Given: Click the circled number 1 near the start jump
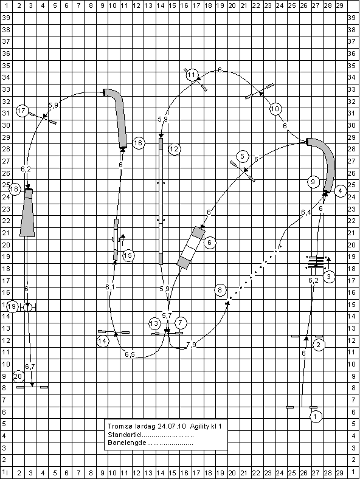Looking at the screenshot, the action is pyautogui.click(x=316, y=416).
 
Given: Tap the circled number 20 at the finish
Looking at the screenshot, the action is pyautogui.click(x=18, y=376).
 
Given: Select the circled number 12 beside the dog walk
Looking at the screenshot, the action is pyautogui.click(x=174, y=149).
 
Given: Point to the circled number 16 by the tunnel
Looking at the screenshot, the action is pyautogui.click(x=139, y=143).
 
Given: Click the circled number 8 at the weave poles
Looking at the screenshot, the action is pyautogui.click(x=220, y=290).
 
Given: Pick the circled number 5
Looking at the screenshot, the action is pyautogui.click(x=243, y=156).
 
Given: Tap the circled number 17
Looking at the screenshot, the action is pyautogui.click(x=22, y=111).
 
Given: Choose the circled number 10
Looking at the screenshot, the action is pyautogui.click(x=275, y=109).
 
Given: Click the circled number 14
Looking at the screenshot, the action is pyautogui.click(x=103, y=341).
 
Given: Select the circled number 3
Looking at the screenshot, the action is pyautogui.click(x=329, y=277).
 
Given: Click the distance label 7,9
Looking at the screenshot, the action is pyautogui.click(x=192, y=345).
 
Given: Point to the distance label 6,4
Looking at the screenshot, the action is pyautogui.click(x=306, y=212).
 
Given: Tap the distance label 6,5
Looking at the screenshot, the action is pyautogui.click(x=130, y=354).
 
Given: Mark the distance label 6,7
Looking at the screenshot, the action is pyautogui.click(x=30, y=367).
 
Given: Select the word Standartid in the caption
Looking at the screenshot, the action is pyautogui.click(x=125, y=435).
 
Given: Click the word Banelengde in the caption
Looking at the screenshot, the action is pyautogui.click(x=127, y=443).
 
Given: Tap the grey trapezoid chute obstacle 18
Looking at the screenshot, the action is pyautogui.click(x=27, y=213).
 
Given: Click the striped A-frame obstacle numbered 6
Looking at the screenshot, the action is pyautogui.click(x=192, y=248).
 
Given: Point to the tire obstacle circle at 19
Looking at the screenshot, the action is pyautogui.click(x=27, y=307).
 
